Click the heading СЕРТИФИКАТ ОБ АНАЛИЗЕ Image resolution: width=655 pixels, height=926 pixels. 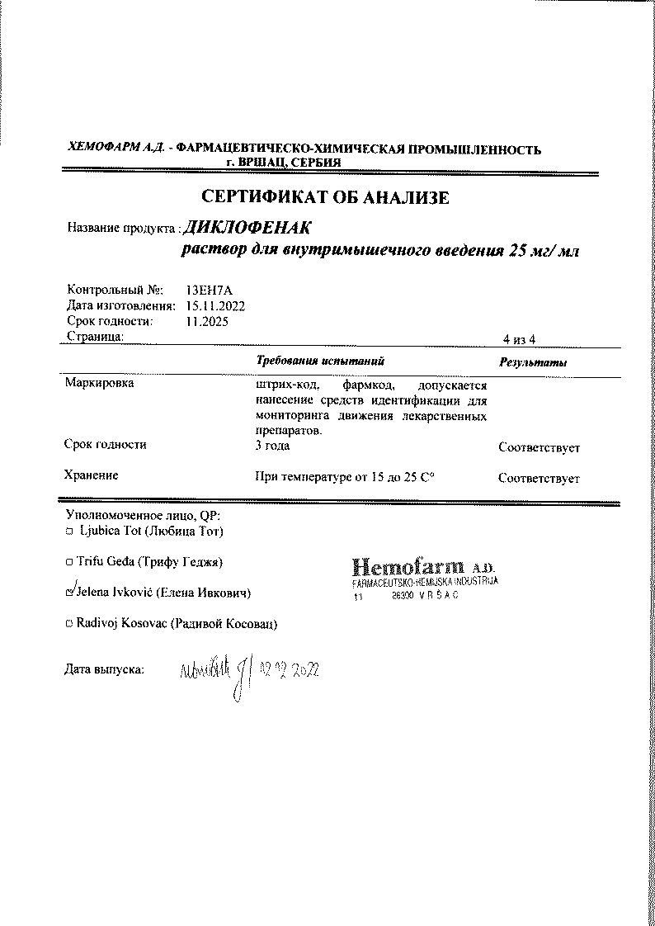click(x=326, y=198)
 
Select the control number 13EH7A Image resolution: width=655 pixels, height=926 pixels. click(x=210, y=290)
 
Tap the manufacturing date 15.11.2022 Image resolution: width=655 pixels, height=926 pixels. click(x=216, y=305)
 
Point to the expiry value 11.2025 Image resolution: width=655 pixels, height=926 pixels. click(x=208, y=321)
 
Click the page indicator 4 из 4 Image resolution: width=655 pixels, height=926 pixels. click(x=520, y=339)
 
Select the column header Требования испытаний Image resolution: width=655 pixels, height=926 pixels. click(x=321, y=361)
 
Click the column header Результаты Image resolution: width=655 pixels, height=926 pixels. click(x=533, y=363)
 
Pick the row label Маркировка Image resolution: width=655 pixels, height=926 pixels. click(x=99, y=384)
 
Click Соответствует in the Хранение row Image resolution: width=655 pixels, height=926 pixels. click(x=539, y=479)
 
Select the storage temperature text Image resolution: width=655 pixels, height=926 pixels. click(x=346, y=478)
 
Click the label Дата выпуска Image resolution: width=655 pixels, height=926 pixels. click(x=104, y=669)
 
